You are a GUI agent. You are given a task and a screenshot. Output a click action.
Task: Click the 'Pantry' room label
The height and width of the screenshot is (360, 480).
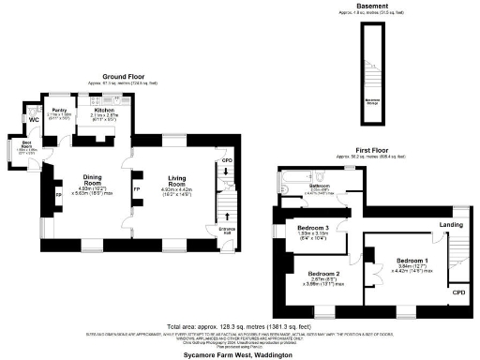point(58,110)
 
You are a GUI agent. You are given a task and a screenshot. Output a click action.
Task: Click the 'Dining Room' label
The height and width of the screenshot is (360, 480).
point(92,178)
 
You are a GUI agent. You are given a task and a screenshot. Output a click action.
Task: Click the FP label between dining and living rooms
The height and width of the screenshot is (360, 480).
point(136,188)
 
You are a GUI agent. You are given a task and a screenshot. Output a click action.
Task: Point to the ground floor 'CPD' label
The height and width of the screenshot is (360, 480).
point(226,160)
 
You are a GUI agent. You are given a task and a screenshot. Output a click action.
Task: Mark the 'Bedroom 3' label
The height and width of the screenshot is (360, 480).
point(313,228)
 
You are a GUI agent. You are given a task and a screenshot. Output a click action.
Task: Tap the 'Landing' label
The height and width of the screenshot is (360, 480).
point(451,225)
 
